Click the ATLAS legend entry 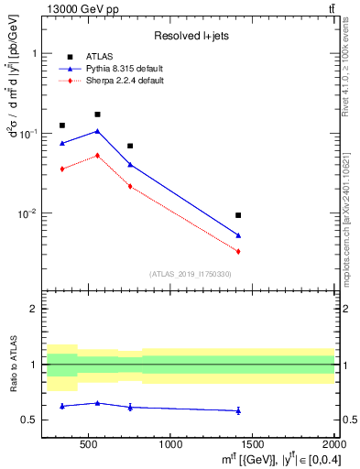click(99, 56)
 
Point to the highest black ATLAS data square click(97, 115)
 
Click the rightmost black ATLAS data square click(238, 215)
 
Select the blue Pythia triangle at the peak click(97, 131)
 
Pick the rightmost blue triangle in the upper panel click(238, 235)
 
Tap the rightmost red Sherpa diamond click(238, 251)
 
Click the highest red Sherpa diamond click(97, 155)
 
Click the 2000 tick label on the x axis click(334, 445)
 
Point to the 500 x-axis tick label click(89, 445)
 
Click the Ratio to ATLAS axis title click(12, 365)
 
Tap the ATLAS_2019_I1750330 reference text click(191, 274)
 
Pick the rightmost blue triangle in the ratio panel click(238, 410)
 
